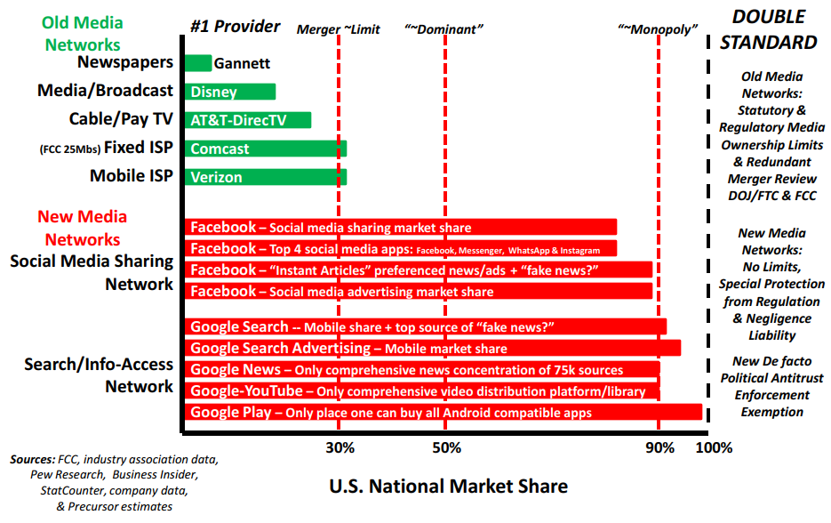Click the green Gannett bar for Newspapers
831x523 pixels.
click(198, 63)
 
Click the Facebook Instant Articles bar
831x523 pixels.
click(419, 270)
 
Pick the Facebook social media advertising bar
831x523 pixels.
click(419, 291)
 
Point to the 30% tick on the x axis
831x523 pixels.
click(339, 447)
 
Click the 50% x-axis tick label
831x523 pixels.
click(445, 447)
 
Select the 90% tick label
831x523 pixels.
click(659, 447)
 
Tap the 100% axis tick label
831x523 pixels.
click(714, 447)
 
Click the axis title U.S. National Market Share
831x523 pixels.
click(448, 486)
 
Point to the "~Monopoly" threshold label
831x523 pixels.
click(658, 29)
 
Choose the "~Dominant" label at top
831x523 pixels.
click(443, 29)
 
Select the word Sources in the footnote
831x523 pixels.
click(33, 460)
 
